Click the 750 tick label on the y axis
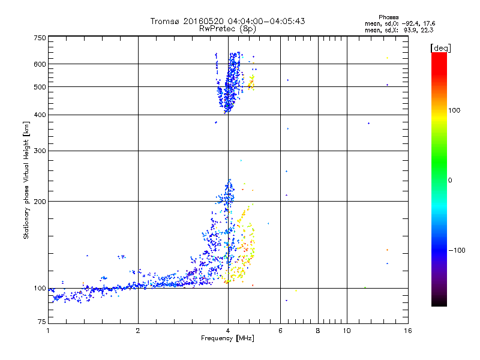[x=40, y=38]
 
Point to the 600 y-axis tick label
[x=40, y=64]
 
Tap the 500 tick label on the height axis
[x=40, y=87]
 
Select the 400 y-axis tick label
[x=40, y=115]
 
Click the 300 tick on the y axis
[x=40, y=151]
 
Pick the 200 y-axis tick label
[x=40, y=202]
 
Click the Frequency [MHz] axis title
[x=227, y=339]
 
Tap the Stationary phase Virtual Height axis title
[x=26, y=181]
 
